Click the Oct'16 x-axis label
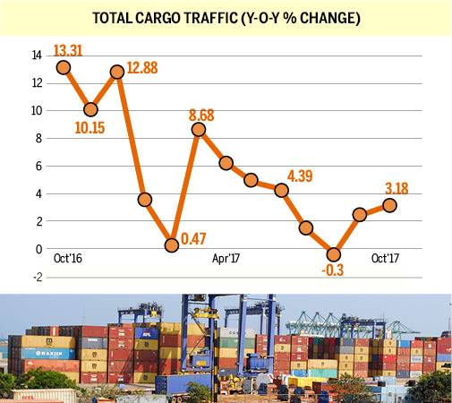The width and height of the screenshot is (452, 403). click(70, 258)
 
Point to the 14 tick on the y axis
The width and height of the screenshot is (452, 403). click(38, 56)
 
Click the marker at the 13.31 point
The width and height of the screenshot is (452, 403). click(64, 67)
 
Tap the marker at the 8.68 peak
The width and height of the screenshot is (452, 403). click(199, 129)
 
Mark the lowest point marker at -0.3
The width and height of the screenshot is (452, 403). click(334, 253)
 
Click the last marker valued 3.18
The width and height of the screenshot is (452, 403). click(389, 205)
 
